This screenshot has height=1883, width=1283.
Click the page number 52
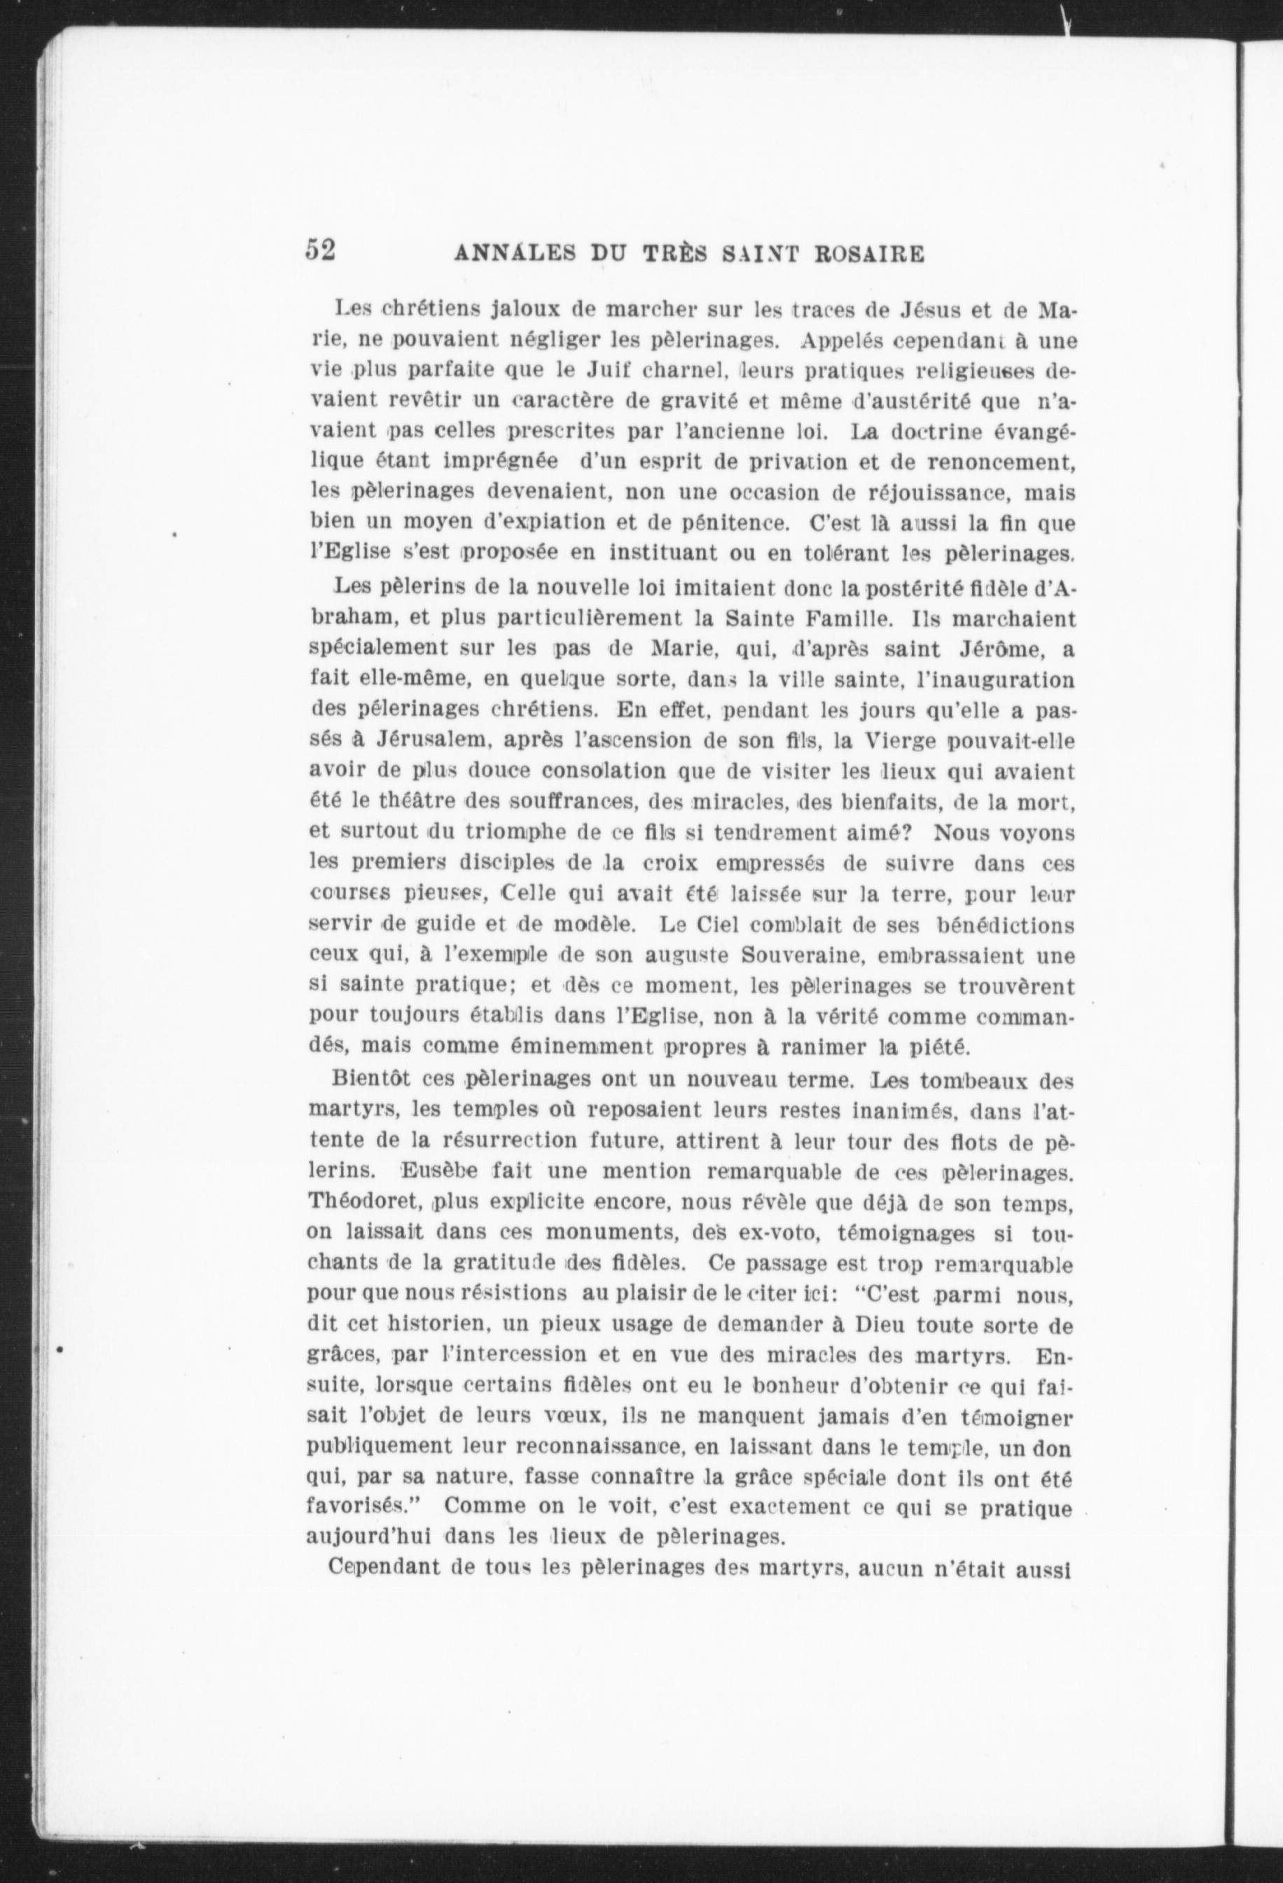[x=320, y=249]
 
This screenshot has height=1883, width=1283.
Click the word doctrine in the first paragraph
[x=935, y=431]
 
